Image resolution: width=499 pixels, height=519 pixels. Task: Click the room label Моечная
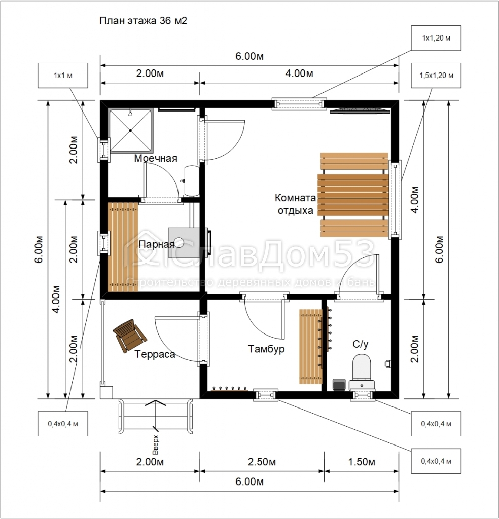coord(156,158)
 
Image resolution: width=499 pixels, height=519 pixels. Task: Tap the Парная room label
coord(156,244)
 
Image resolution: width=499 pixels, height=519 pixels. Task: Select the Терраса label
coord(155,354)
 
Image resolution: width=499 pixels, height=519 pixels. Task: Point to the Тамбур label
coord(266,349)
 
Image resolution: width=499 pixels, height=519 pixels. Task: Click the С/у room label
coord(360,344)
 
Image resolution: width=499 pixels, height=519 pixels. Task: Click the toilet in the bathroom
coord(362,372)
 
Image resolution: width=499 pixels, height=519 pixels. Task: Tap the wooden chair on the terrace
coord(129,336)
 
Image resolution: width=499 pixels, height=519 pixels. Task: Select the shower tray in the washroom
coord(131,130)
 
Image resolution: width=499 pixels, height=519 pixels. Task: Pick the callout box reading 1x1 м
coord(62,76)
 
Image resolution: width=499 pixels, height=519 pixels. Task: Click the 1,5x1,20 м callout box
coord(436,76)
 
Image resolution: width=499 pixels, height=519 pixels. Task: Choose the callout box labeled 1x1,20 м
coord(436,38)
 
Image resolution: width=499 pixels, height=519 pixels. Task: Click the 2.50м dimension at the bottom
coord(262,462)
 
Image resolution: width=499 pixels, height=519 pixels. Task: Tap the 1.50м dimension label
coord(362,462)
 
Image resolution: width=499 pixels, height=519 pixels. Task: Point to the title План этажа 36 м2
coord(144,20)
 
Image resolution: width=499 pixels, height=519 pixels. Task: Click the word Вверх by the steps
coord(156,445)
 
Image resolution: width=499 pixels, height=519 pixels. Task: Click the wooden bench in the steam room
coord(123,247)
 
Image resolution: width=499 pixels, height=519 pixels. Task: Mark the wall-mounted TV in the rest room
coord(358,110)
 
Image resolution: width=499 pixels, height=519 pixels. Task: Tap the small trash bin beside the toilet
coord(339,385)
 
